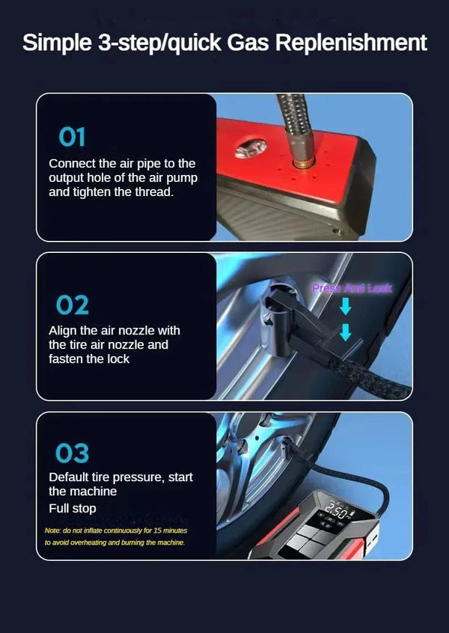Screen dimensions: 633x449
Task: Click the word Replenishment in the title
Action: tap(352, 43)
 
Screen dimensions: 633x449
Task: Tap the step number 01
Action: tap(72, 137)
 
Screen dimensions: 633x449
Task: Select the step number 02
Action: tap(72, 305)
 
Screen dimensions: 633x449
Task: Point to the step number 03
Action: tap(72, 453)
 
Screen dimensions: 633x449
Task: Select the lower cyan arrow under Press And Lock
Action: tap(345, 331)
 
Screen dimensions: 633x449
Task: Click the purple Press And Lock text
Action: tap(352, 288)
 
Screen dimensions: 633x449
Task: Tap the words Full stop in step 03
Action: tap(73, 509)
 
